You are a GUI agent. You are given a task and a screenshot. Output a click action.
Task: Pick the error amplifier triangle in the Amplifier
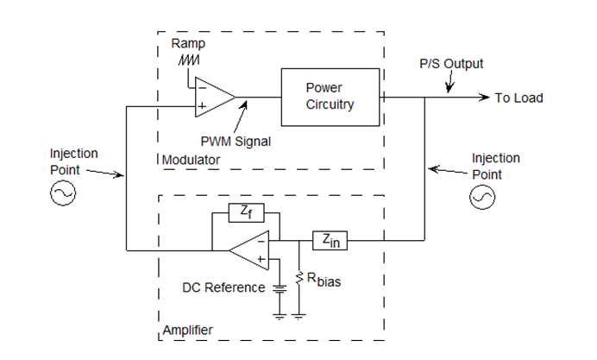click(x=251, y=250)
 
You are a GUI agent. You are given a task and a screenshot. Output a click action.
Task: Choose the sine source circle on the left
click(x=64, y=195)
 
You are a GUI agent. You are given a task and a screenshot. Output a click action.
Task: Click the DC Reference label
click(x=223, y=287)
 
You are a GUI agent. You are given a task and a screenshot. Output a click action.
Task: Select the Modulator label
click(x=192, y=161)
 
